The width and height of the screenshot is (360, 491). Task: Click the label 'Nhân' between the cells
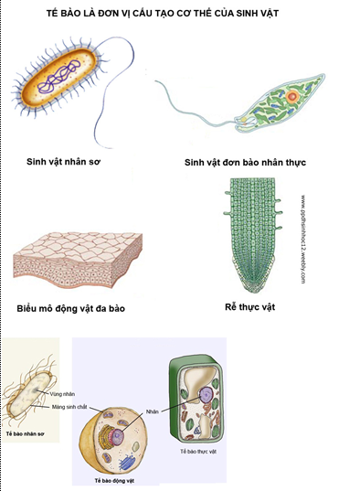[x=152, y=411]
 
